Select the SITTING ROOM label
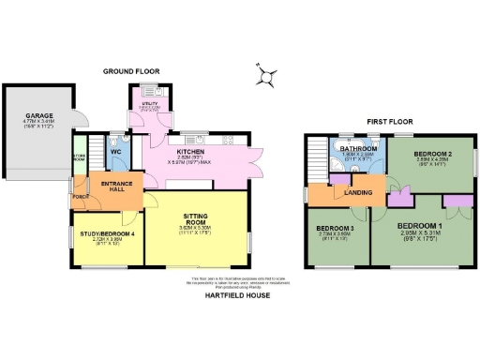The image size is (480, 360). pos(192,217)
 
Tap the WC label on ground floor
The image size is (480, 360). pos(117,151)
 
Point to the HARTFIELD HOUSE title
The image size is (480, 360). pos(238,295)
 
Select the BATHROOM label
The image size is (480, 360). pos(359,149)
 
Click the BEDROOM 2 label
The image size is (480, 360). pos(432,152)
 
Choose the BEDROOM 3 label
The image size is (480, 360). pos(334,229)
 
